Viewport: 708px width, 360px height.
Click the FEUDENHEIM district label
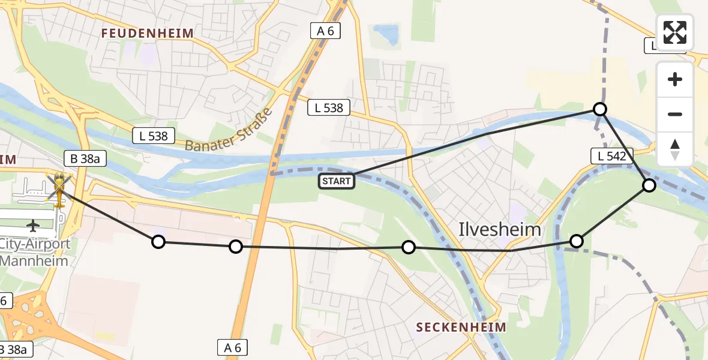(x=148, y=34)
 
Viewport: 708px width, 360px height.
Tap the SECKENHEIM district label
(x=461, y=327)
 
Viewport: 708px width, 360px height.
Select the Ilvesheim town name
(x=500, y=229)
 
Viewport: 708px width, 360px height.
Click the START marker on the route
(x=337, y=181)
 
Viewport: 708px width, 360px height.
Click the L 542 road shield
(x=612, y=157)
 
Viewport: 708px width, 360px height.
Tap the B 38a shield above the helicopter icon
(x=85, y=158)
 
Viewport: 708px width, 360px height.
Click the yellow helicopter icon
(x=59, y=188)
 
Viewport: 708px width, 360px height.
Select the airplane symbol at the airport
(x=33, y=226)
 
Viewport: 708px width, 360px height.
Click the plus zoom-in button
(x=675, y=79)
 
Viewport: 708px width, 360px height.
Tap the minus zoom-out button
(x=675, y=114)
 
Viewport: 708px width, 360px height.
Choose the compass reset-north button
(x=675, y=149)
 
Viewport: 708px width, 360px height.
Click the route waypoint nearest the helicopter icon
(x=158, y=242)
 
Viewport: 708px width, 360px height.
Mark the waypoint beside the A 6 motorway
(x=236, y=247)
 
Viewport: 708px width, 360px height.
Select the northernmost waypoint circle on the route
(x=600, y=109)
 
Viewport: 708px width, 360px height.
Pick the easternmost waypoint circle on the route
(x=649, y=185)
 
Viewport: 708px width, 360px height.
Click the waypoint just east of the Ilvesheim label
(x=576, y=241)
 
